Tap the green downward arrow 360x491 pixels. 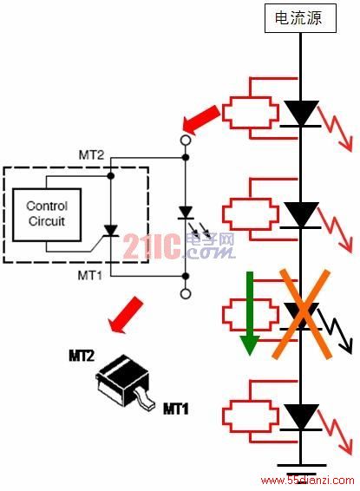(250, 313)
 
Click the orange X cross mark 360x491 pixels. (302, 314)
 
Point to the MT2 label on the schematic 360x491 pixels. (91, 155)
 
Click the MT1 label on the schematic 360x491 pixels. (90, 276)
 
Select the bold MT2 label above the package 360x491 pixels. (82, 356)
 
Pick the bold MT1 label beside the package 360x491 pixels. (176, 409)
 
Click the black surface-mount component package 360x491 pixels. (125, 382)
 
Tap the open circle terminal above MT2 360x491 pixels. (186, 140)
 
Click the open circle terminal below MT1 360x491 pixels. (186, 294)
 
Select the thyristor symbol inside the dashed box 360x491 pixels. (111, 231)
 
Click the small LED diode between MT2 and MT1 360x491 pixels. (186, 213)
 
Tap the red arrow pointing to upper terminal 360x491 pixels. (201, 120)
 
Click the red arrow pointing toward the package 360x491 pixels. (126, 315)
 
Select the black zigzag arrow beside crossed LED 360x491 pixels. (336, 331)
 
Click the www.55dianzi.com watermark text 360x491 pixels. (307, 481)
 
